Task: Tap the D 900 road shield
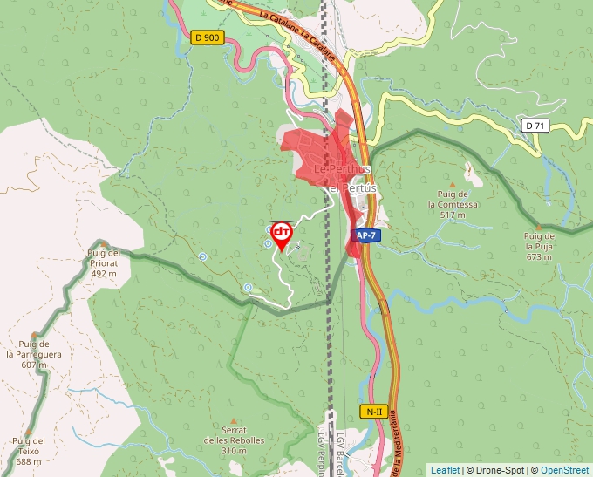pyautogui.click(x=207, y=37)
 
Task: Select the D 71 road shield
pyautogui.click(x=535, y=126)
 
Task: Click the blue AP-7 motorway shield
pyautogui.click(x=367, y=236)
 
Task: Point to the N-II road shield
pyautogui.click(x=373, y=411)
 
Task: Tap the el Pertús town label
pyautogui.click(x=351, y=187)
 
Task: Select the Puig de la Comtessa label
pyautogui.click(x=453, y=204)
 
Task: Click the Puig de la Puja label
pyautogui.click(x=539, y=246)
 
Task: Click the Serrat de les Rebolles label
pyautogui.click(x=233, y=440)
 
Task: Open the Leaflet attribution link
pyautogui.click(x=445, y=470)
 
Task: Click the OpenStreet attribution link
pyautogui.click(x=565, y=470)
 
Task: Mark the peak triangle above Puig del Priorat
pyautogui.click(x=103, y=244)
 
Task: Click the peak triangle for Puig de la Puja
pyautogui.click(x=539, y=227)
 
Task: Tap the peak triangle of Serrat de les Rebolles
pyautogui.click(x=233, y=421)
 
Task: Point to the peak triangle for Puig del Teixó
pyautogui.click(x=29, y=431)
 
